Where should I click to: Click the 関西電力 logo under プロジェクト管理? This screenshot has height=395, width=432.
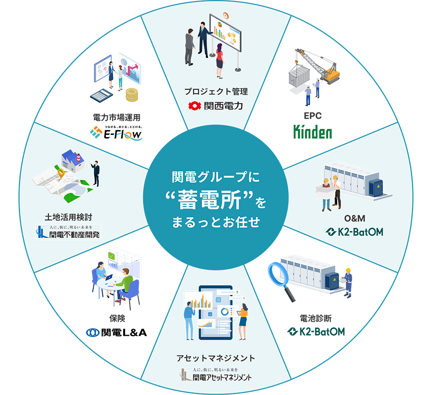tap(216, 106)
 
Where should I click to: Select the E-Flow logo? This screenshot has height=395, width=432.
tap(116, 132)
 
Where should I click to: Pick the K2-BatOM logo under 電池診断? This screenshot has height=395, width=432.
tap(316, 331)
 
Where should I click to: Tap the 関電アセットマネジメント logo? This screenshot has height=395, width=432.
tap(216, 375)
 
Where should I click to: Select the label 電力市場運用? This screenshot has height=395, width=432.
tap(117, 117)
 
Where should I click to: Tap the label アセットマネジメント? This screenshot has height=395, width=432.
tap(216, 358)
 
